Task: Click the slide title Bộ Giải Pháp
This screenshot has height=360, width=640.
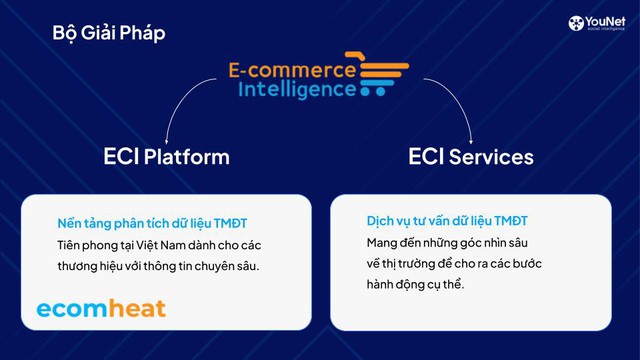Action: [109, 33]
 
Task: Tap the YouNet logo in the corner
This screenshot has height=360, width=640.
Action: [598, 24]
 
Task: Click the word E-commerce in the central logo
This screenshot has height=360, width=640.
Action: [291, 70]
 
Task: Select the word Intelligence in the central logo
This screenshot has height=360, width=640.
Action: [297, 90]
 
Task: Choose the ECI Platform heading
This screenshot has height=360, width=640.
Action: [166, 157]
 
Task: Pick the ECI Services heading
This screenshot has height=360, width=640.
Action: [471, 157]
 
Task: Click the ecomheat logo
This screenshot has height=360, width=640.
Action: [101, 308]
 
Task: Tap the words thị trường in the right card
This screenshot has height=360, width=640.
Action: [411, 264]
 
